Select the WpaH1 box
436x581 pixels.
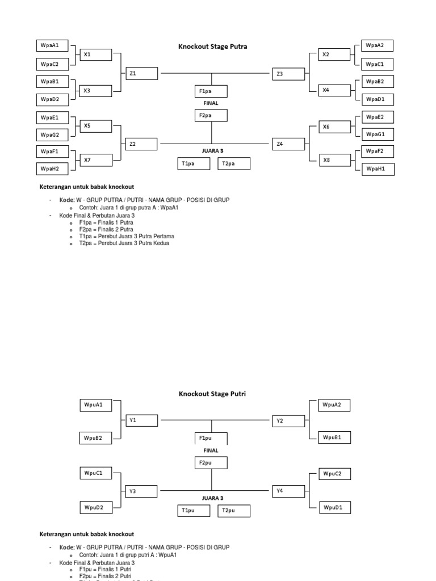tap(378, 169)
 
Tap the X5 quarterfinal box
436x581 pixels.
tap(95, 126)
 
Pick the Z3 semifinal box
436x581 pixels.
tap(288, 73)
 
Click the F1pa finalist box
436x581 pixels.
tap(212, 91)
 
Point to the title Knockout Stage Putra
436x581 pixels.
tap(213, 47)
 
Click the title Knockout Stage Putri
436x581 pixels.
tap(212, 393)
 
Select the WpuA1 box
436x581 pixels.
tap(95, 405)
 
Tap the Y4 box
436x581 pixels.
tap(288, 490)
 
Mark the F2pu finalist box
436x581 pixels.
tap(212, 462)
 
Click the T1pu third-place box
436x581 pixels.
tap(194, 511)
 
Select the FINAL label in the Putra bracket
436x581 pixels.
tap(211, 104)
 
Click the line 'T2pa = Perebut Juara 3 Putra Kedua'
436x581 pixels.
tap(124, 243)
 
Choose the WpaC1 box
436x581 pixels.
tap(378, 64)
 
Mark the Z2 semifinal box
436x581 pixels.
tap(141, 144)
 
